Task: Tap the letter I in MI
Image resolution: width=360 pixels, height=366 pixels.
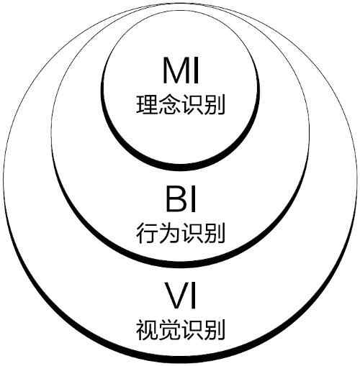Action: pyautogui.click(x=196, y=70)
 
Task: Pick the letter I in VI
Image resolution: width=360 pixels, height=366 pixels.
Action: pyautogui.click(x=193, y=296)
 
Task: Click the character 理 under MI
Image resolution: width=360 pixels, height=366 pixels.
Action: pyautogui.click(x=147, y=104)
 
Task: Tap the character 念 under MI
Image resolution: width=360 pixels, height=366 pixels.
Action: pyautogui.click(x=168, y=104)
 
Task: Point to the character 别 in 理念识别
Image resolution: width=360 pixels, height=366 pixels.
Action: pyautogui.click(x=213, y=104)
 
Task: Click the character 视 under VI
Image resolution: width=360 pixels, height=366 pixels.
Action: pyautogui.click(x=147, y=329)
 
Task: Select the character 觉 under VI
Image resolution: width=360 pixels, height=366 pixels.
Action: pyautogui.click(x=168, y=329)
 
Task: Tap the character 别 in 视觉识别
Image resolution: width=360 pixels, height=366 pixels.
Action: pyautogui.click(x=213, y=329)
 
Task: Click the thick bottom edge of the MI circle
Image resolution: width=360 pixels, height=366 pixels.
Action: pyautogui.click(x=180, y=168)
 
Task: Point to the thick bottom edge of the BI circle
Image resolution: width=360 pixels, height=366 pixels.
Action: pyautogui.click(x=180, y=265)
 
